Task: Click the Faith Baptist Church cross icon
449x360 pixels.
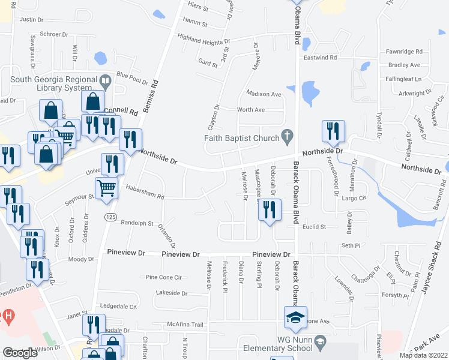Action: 288,137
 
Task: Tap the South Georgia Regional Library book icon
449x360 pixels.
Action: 106,80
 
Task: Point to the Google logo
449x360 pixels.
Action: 20,353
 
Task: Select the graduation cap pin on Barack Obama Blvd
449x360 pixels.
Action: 295,318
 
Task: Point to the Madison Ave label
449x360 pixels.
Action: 264,94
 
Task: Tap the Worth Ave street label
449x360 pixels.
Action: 251,110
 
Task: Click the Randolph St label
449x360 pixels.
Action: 137,223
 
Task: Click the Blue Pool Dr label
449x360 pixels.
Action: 132,76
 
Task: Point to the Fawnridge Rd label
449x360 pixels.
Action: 405,52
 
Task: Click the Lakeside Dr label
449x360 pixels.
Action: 171,293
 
